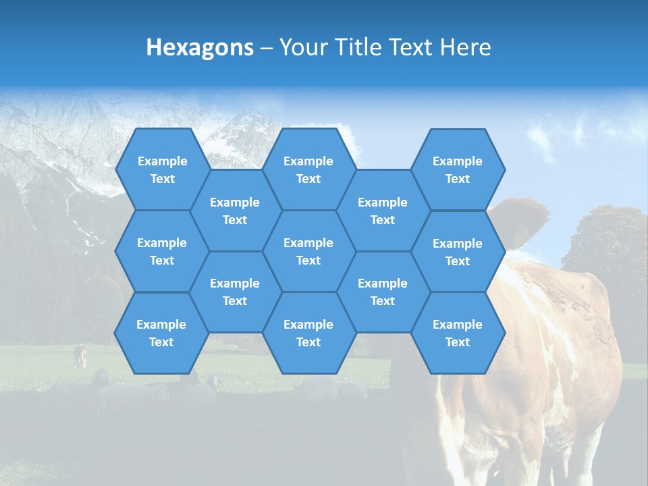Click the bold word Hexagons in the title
pos(200,47)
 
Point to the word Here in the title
pos(466,47)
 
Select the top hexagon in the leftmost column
pos(162,169)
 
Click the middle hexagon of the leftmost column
pos(162,251)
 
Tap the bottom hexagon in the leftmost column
pos(161,333)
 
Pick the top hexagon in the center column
pos(308,169)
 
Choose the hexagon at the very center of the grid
pos(308,251)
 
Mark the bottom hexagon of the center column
pos(308,333)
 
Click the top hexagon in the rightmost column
pos(458,169)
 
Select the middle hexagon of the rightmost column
pos(458,252)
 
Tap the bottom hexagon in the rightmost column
pos(458,333)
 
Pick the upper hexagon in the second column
pos(235,211)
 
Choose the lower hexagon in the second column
pos(235,292)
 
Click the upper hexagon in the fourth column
pos(383,211)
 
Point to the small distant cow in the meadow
pos(80,356)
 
